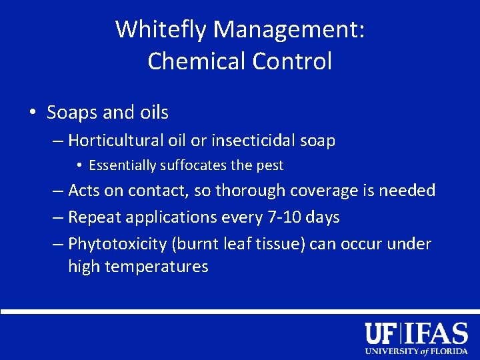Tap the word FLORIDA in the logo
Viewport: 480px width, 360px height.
pyautogui.click(x=450, y=351)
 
